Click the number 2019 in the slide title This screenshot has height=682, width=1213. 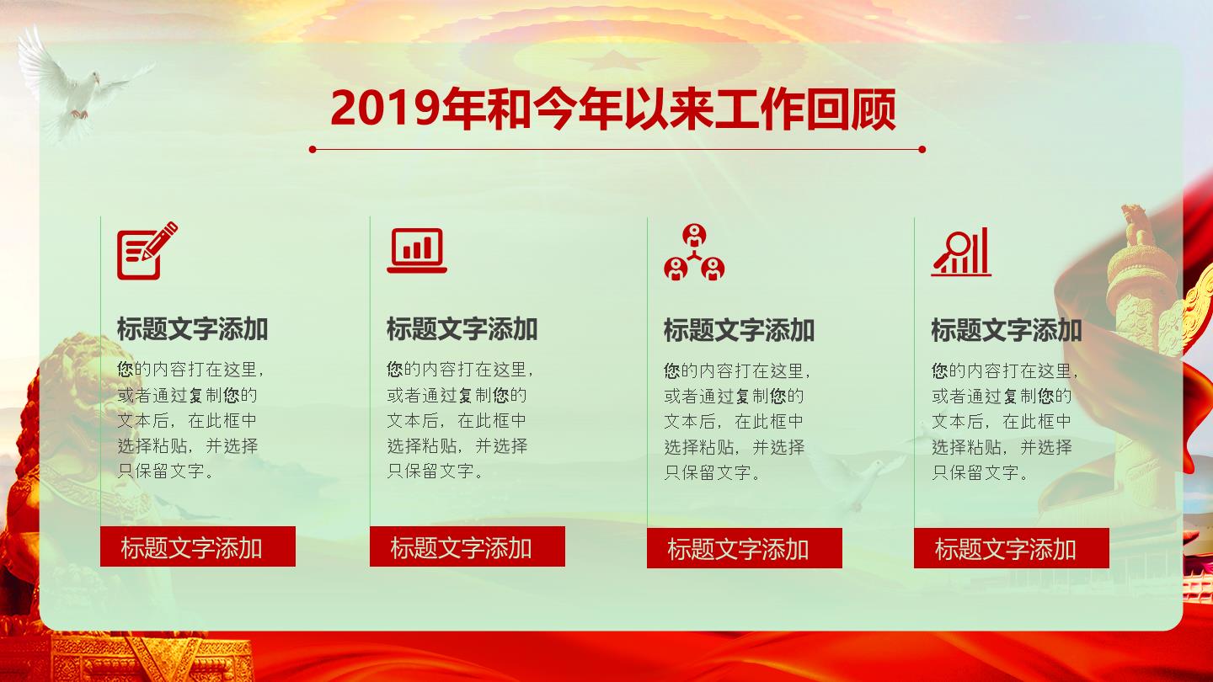[386, 109]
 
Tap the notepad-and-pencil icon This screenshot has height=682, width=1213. [147, 250]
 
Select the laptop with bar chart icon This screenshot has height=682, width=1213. [417, 251]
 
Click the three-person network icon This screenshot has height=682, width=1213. [694, 253]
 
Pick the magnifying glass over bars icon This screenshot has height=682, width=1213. [961, 252]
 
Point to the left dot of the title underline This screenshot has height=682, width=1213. [313, 149]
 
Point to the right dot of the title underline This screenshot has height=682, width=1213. [922, 149]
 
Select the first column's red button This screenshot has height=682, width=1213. [198, 546]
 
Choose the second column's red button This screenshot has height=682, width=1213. [468, 546]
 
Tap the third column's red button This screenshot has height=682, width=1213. [745, 548]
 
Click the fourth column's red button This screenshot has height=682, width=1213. [1012, 548]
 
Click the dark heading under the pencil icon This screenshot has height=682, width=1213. [192, 329]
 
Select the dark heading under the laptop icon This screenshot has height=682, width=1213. [462, 329]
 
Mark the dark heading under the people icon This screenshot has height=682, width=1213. [740, 330]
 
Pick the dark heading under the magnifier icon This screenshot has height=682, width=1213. [1007, 330]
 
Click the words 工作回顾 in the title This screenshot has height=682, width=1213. [805, 109]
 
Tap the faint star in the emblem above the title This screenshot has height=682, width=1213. [612, 61]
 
